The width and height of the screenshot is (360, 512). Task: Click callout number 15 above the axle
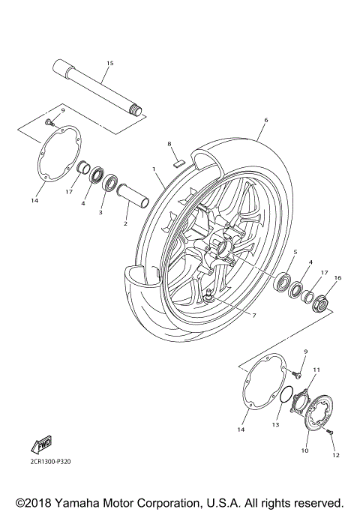pyautogui.click(x=109, y=64)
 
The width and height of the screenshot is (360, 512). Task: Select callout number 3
pyautogui.click(x=100, y=213)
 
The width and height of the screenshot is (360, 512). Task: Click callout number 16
pyautogui.click(x=337, y=277)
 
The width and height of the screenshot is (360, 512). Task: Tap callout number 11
pyautogui.click(x=316, y=370)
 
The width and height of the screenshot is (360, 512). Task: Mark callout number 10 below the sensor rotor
pyautogui.click(x=304, y=451)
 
